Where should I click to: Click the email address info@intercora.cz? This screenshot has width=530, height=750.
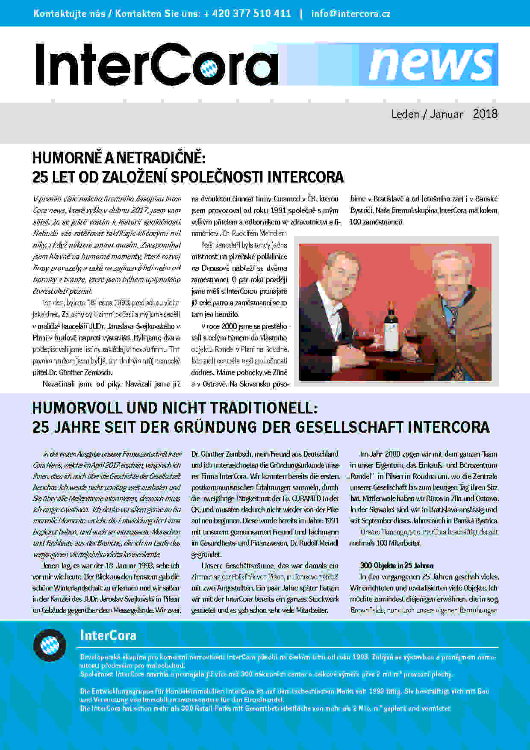pyautogui.click(x=350, y=14)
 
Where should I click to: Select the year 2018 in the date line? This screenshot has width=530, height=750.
pyautogui.click(x=485, y=114)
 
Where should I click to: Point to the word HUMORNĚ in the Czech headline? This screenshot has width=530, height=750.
pyautogui.click(x=67, y=158)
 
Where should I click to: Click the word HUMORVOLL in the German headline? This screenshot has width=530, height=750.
pyautogui.click(x=77, y=408)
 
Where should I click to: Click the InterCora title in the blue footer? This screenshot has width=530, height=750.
pyautogui.click(x=108, y=635)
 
